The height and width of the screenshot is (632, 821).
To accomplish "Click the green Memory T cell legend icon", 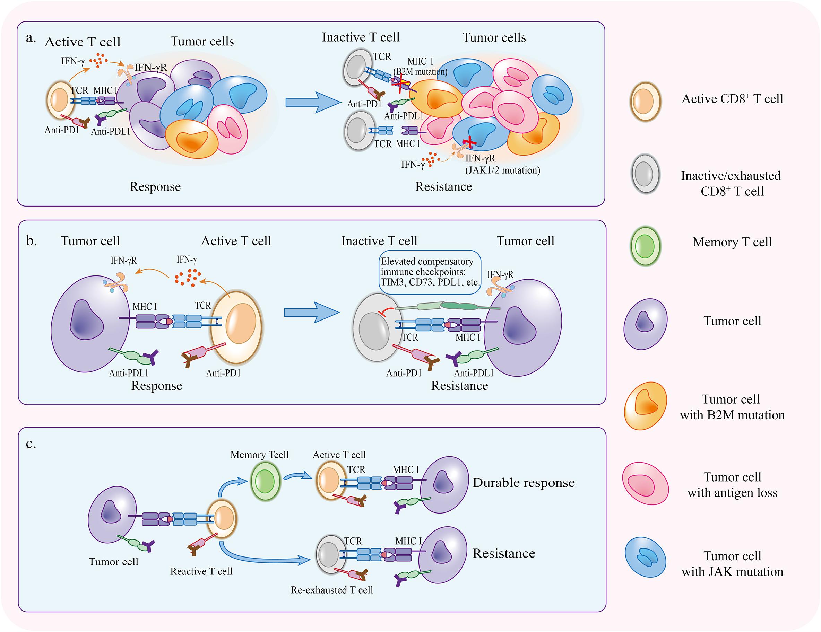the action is [x=645, y=246].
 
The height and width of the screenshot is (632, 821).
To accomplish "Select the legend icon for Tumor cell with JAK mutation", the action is [x=645, y=557].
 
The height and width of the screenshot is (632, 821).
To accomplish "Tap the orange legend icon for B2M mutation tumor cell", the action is [x=646, y=406].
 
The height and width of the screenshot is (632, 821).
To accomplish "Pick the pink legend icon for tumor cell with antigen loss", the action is [x=646, y=484].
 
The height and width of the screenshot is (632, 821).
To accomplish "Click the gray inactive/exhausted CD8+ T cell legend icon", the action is [x=645, y=174].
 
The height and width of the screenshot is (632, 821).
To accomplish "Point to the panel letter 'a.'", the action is [x=31, y=38].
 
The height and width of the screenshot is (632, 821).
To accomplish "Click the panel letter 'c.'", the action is [x=31, y=444].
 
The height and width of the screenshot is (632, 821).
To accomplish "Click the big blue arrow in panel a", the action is [x=313, y=102].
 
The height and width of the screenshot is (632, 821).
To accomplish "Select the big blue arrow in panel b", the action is [x=312, y=312].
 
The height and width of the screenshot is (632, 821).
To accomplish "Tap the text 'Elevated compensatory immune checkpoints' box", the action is [x=430, y=272].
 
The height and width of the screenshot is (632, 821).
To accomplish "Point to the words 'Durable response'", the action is [x=524, y=482].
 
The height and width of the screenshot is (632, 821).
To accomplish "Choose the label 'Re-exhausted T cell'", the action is [x=332, y=590].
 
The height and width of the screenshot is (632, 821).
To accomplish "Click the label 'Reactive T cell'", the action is [x=201, y=571].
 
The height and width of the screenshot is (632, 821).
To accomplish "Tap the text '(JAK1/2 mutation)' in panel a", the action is [x=503, y=170].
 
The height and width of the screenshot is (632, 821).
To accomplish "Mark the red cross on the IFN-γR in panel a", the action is [x=469, y=142].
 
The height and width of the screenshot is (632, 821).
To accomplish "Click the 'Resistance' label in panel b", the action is [x=459, y=386].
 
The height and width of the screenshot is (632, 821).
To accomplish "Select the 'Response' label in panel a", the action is [x=155, y=187].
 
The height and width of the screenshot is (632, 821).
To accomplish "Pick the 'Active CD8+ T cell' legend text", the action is [x=732, y=98].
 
